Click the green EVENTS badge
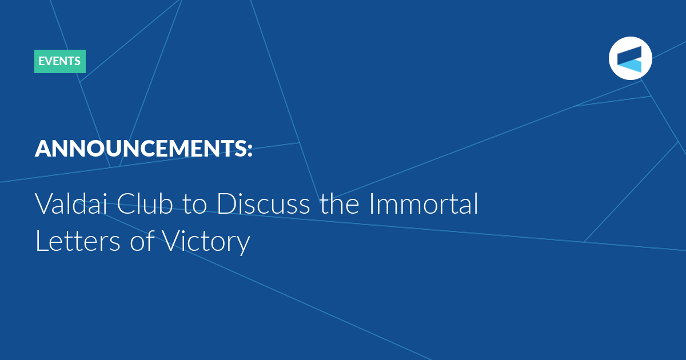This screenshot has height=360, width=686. (60, 61)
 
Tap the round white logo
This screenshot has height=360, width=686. (630, 58)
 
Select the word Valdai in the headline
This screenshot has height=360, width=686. (71, 203)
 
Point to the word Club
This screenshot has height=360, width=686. (145, 203)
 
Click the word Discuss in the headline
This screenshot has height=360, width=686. (264, 203)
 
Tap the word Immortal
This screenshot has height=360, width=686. (424, 203)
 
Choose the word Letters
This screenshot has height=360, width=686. (78, 241)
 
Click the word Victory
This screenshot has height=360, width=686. (206, 242)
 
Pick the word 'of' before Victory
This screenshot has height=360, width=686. (142, 241)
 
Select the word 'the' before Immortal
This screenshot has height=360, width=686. (340, 203)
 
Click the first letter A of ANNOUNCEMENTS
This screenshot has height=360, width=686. (44, 149)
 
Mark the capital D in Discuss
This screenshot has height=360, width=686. (226, 204)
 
